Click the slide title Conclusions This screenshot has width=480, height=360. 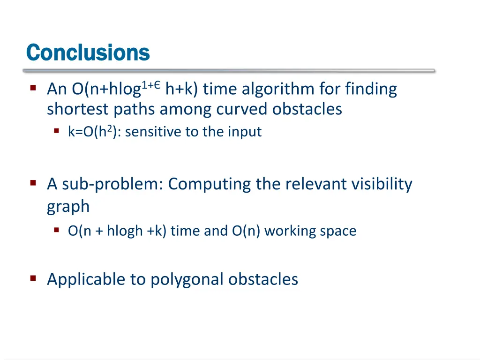88,52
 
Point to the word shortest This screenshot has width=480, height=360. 77,109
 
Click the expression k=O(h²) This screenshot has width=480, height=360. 95,132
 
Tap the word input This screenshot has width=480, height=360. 245,132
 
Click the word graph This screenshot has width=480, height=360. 68,206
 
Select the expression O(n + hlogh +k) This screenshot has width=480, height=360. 117,231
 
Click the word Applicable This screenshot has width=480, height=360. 86,279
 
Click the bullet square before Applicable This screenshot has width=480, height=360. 33,278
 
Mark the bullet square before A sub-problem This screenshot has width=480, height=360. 33,183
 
